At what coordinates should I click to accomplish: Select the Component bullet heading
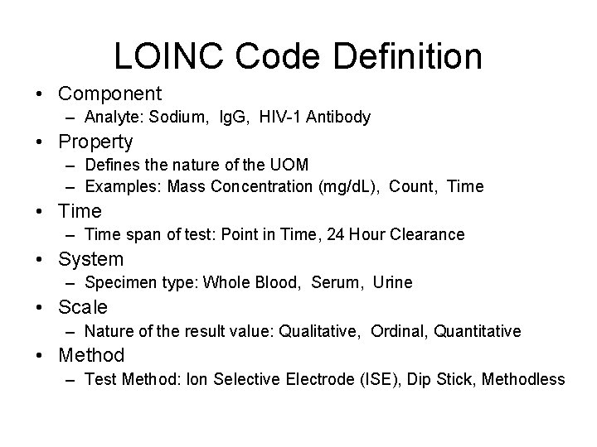(110, 94)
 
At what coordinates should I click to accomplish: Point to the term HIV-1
(282, 118)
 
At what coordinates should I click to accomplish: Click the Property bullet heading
(95, 142)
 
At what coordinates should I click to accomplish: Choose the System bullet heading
(91, 259)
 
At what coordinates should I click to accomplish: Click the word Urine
(392, 283)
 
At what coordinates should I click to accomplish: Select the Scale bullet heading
(83, 307)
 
